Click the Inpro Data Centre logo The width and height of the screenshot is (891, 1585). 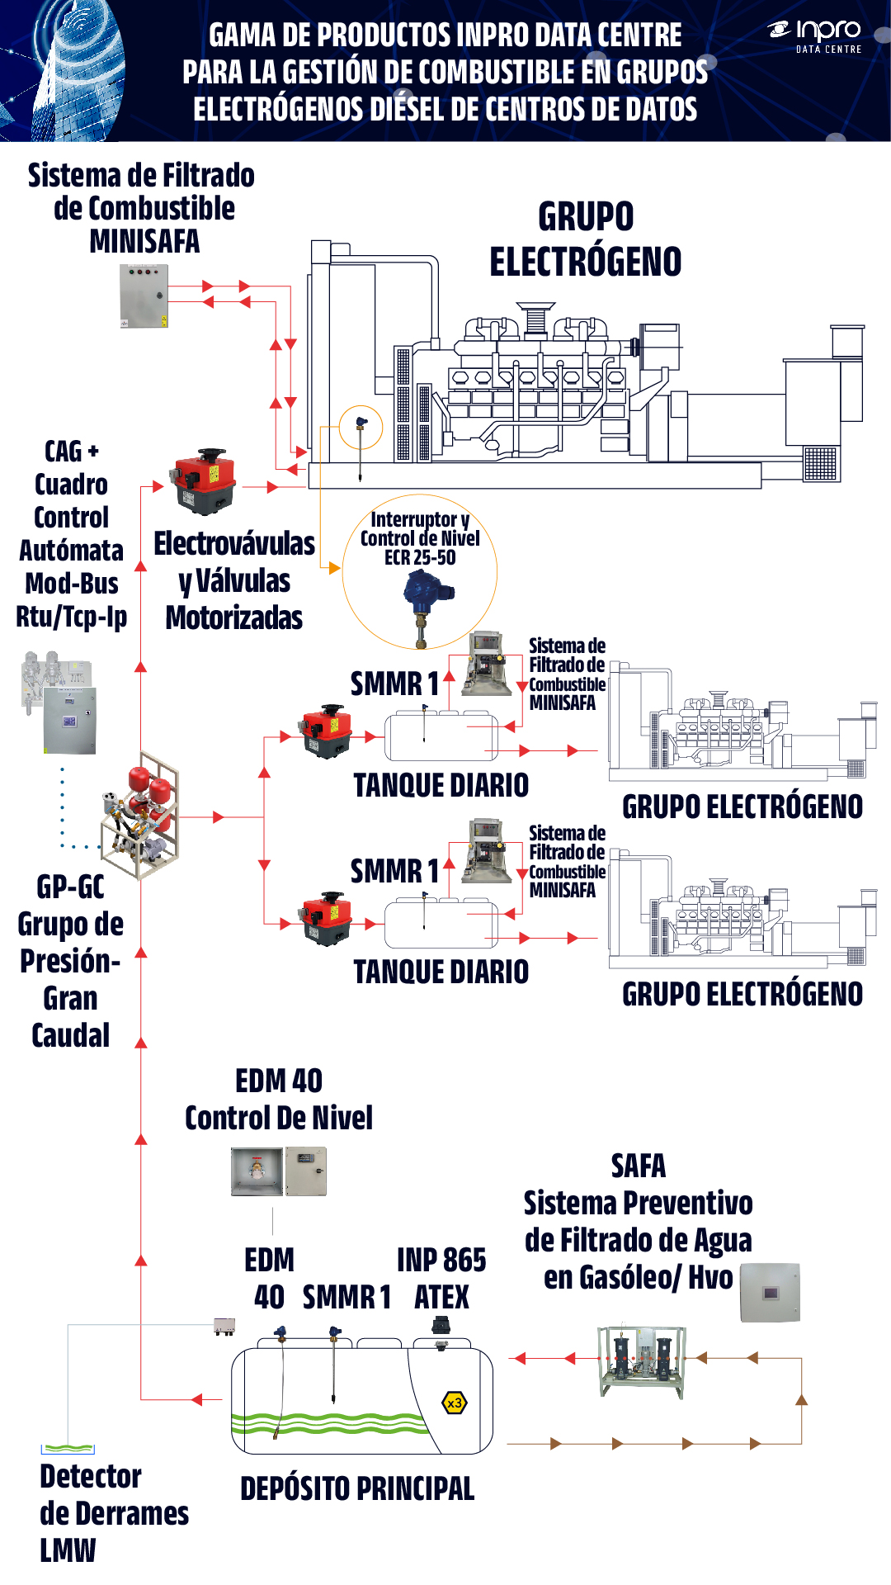point(815,35)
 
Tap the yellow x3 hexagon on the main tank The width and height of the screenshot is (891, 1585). point(455,1403)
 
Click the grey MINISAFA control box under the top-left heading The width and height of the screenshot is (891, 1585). point(144,296)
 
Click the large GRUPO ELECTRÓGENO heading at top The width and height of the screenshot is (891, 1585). point(585,239)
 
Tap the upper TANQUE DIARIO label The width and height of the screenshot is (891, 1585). point(441,785)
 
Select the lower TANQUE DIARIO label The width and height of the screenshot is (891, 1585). point(441,972)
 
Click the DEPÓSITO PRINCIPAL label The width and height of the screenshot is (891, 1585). point(357,1488)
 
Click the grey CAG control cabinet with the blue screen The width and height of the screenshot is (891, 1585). point(69,720)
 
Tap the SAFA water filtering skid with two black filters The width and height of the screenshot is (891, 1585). point(642,1361)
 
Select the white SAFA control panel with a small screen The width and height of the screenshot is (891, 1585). point(770,1292)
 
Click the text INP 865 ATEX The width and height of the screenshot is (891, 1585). point(441,1278)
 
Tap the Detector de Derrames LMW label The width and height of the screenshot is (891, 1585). point(113,1512)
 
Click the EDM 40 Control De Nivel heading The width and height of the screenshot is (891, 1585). point(279,1099)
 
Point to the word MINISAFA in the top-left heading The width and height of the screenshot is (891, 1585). point(144,241)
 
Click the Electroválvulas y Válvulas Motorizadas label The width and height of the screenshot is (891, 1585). point(234,580)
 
